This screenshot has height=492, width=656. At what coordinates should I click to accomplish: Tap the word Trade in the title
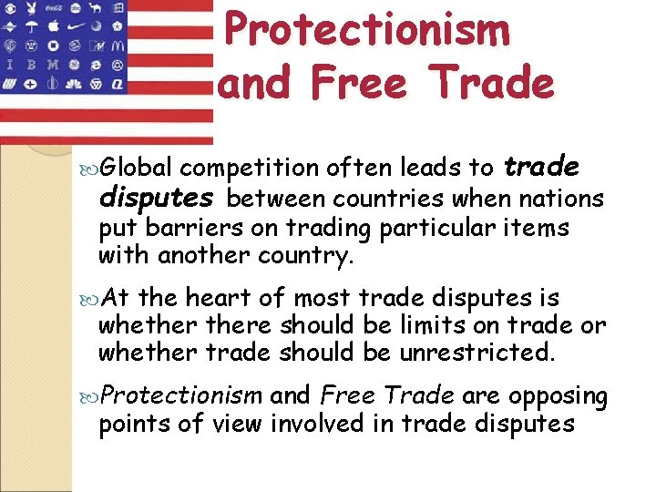click(493, 83)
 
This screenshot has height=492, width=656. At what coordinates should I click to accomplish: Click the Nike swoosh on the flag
click(76, 26)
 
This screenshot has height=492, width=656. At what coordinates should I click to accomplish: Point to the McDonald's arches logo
click(118, 46)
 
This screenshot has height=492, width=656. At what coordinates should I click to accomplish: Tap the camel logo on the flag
click(95, 8)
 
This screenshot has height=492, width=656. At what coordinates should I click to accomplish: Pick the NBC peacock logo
click(74, 84)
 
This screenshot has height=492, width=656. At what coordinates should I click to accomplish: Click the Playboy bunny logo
click(31, 8)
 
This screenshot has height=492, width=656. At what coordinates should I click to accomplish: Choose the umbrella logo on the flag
click(32, 26)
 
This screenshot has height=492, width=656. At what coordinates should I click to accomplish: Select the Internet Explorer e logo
click(95, 66)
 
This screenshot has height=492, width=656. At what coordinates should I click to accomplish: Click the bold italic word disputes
click(156, 199)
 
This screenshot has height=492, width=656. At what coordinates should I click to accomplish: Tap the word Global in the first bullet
click(137, 168)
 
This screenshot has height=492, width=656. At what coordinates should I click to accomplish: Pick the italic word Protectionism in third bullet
click(182, 396)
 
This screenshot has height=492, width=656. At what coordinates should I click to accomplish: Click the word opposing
click(558, 397)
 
